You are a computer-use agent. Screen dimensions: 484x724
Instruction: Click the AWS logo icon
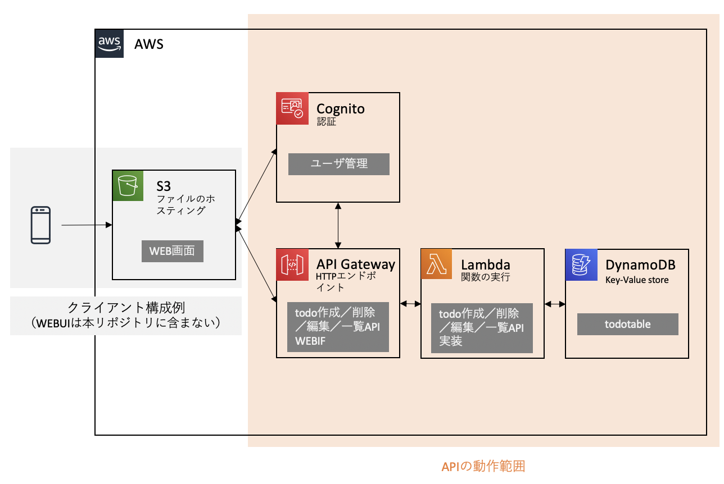click(110, 44)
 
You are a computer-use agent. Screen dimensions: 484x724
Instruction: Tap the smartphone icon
click(40, 225)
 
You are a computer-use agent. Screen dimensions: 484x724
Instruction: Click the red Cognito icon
click(292, 108)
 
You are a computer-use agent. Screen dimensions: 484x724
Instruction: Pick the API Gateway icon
click(292, 264)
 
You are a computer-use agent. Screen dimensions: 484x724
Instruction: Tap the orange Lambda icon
click(437, 264)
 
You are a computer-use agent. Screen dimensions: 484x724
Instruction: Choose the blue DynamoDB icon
click(581, 264)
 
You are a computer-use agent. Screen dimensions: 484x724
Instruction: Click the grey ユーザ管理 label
click(339, 164)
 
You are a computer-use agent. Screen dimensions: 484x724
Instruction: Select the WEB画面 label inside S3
click(172, 251)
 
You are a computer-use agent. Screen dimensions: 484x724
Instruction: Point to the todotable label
click(627, 324)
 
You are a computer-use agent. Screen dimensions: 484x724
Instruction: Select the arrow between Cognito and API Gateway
click(338, 225)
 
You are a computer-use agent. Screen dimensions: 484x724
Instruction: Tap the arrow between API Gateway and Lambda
click(410, 304)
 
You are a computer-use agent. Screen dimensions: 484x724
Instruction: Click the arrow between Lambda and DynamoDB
click(555, 304)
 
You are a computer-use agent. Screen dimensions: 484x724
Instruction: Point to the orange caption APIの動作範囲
click(483, 466)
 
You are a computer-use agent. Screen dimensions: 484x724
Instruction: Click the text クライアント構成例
click(126, 308)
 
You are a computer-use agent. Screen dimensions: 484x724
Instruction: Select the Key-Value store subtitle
click(637, 280)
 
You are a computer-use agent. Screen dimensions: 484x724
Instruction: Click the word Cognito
click(341, 108)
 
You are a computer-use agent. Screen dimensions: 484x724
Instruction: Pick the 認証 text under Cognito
click(326, 121)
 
